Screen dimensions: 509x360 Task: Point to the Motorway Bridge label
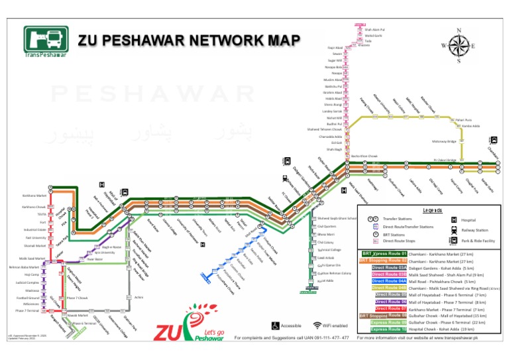(443, 141)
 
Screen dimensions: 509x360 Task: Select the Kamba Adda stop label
(471, 125)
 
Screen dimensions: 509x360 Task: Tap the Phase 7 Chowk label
(78, 299)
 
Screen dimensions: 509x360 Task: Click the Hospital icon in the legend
(454, 219)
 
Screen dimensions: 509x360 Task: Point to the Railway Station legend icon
(454, 229)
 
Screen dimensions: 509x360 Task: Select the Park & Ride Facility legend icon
(454, 241)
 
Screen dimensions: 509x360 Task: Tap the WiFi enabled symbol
(317, 326)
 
